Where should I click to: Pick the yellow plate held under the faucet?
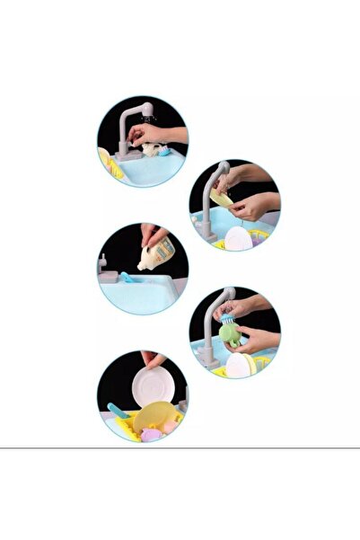(x=221, y=197)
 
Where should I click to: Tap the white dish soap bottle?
(x=151, y=258)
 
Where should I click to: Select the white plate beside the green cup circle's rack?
(x=239, y=364)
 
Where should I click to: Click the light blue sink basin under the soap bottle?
(x=144, y=296)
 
